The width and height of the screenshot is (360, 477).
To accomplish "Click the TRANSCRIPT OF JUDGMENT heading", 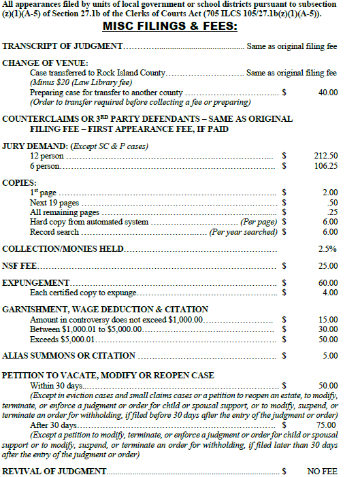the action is pyautogui.click(x=63, y=47).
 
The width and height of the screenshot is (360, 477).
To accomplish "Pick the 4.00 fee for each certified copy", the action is pyautogui.click(x=330, y=293).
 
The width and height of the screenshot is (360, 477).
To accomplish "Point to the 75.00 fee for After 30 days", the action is pyautogui.click(x=327, y=425).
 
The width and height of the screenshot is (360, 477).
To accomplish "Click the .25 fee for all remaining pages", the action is pyautogui.click(x=333, y=212).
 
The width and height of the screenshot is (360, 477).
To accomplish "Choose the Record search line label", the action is pyautogui.click(x=54, y=231).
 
